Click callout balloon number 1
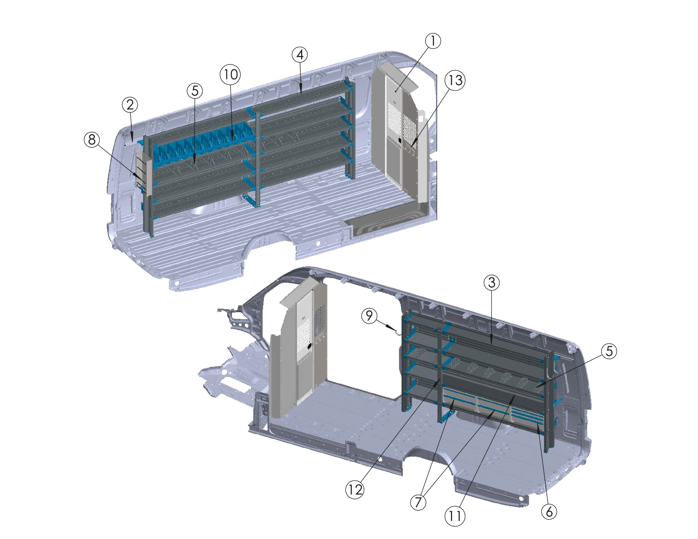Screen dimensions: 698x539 [x=433, y=41]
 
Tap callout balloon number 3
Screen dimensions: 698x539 [x=492, y=282]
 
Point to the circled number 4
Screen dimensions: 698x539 [x=300, y=55]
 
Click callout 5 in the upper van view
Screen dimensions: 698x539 [x=195, y=91]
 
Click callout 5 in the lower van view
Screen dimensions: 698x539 [x=609, y=352]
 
